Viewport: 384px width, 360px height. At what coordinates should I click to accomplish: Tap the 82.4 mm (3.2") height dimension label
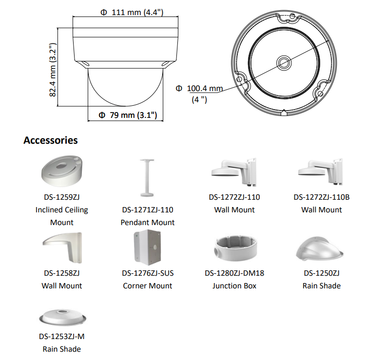point(53,70)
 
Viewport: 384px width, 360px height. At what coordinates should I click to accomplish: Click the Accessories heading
point(51,140)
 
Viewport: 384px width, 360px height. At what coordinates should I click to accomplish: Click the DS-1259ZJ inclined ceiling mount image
point(62,171)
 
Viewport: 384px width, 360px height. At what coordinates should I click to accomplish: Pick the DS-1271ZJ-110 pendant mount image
point(147,178)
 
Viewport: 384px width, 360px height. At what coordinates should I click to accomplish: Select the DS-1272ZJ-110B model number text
point(322,197)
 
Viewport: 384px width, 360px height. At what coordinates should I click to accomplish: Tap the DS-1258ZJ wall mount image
point(62,248)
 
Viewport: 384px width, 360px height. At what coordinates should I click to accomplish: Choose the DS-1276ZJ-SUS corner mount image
point(148,247)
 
